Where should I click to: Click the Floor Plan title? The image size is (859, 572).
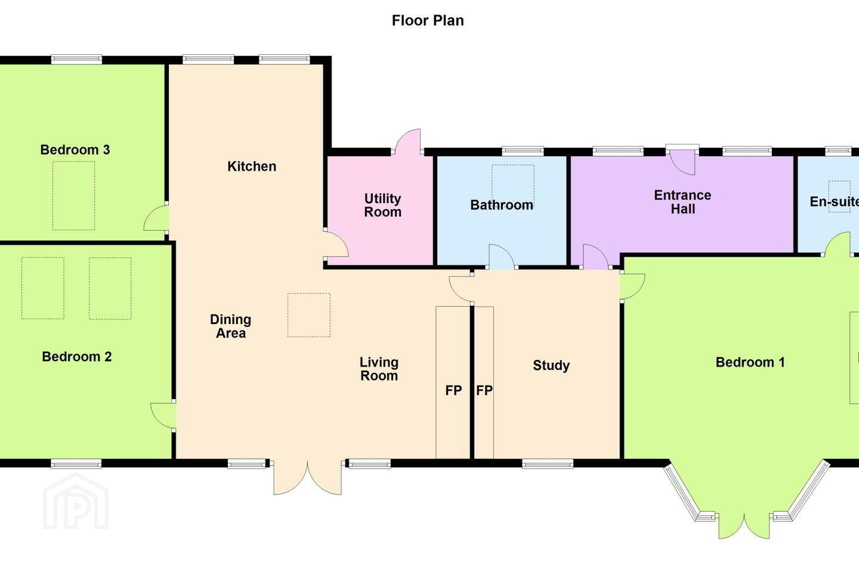point(428,20)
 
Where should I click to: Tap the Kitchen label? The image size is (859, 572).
point(252,166)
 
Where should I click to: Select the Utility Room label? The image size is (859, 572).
point(383,206)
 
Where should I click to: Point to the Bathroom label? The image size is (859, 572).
point(502,205)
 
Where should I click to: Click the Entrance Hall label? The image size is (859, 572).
point(682,202)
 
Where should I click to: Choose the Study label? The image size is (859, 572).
point(551,365)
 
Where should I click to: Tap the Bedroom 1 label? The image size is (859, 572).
point(750,362)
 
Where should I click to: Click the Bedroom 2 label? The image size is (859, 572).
point(77,357)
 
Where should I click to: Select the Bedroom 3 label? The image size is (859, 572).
point(75,150)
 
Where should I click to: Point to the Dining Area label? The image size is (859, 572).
point(230,327)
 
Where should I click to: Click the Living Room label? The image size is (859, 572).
point(379,369)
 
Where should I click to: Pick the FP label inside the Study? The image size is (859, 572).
point(484,390)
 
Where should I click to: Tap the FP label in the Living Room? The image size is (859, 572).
point(453,390)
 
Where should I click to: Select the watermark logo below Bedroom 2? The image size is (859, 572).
point(76,502)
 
